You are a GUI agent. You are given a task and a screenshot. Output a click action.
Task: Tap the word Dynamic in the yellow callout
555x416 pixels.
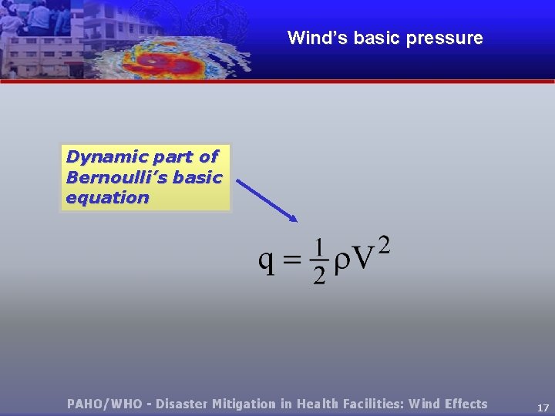[97, 156]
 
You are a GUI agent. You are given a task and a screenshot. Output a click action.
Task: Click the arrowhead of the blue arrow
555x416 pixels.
[293, 218]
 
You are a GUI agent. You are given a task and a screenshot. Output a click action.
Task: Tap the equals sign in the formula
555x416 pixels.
[292, 260]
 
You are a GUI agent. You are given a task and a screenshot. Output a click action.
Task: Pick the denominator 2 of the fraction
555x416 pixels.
[319, 276]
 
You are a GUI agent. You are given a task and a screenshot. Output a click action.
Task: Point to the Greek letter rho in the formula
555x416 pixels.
[340, 262]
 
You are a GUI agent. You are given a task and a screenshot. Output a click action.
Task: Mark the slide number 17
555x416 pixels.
[543, 408]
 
